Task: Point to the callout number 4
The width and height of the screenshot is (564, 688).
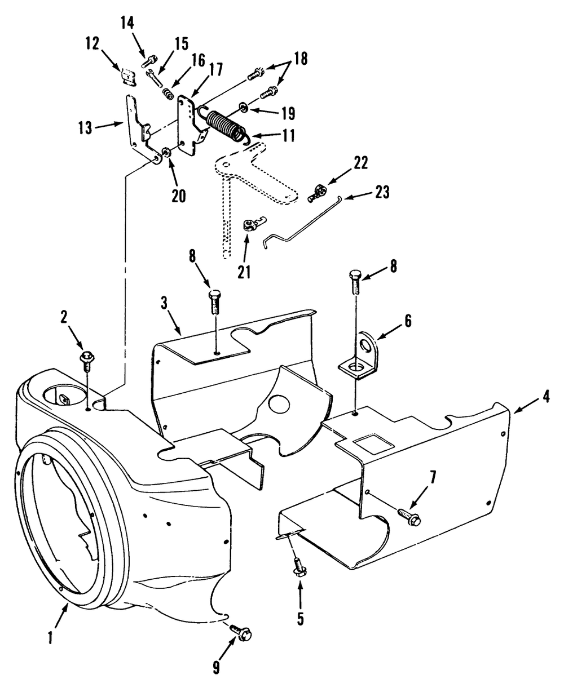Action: (x=547, y=397)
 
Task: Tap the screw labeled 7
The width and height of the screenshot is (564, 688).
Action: (x=410, y=517)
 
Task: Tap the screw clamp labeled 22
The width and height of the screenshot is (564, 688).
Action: (x=316, y=193)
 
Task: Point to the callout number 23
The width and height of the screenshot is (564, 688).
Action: (x=381, y=193)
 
